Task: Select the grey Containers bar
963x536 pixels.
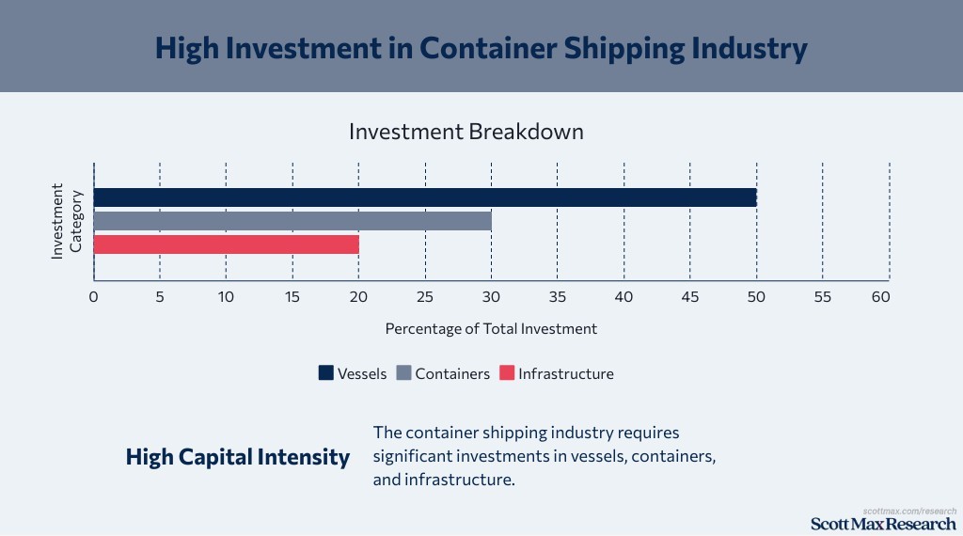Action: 292,221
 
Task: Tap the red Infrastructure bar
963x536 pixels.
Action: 227,244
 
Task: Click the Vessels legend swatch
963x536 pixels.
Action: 325,373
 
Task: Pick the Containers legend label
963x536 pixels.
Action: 452,373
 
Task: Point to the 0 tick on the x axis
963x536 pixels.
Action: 94,297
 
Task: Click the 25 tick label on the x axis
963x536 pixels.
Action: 425,297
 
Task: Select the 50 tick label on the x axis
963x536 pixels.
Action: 756,297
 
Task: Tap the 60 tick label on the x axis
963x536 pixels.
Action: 880,297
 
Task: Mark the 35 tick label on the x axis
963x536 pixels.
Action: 558,297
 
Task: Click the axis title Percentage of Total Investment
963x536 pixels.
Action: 491,329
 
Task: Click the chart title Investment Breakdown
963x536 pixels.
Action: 466,132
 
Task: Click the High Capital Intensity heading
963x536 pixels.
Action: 238,458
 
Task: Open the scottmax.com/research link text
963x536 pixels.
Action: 909,511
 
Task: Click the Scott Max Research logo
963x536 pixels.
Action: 883,524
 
